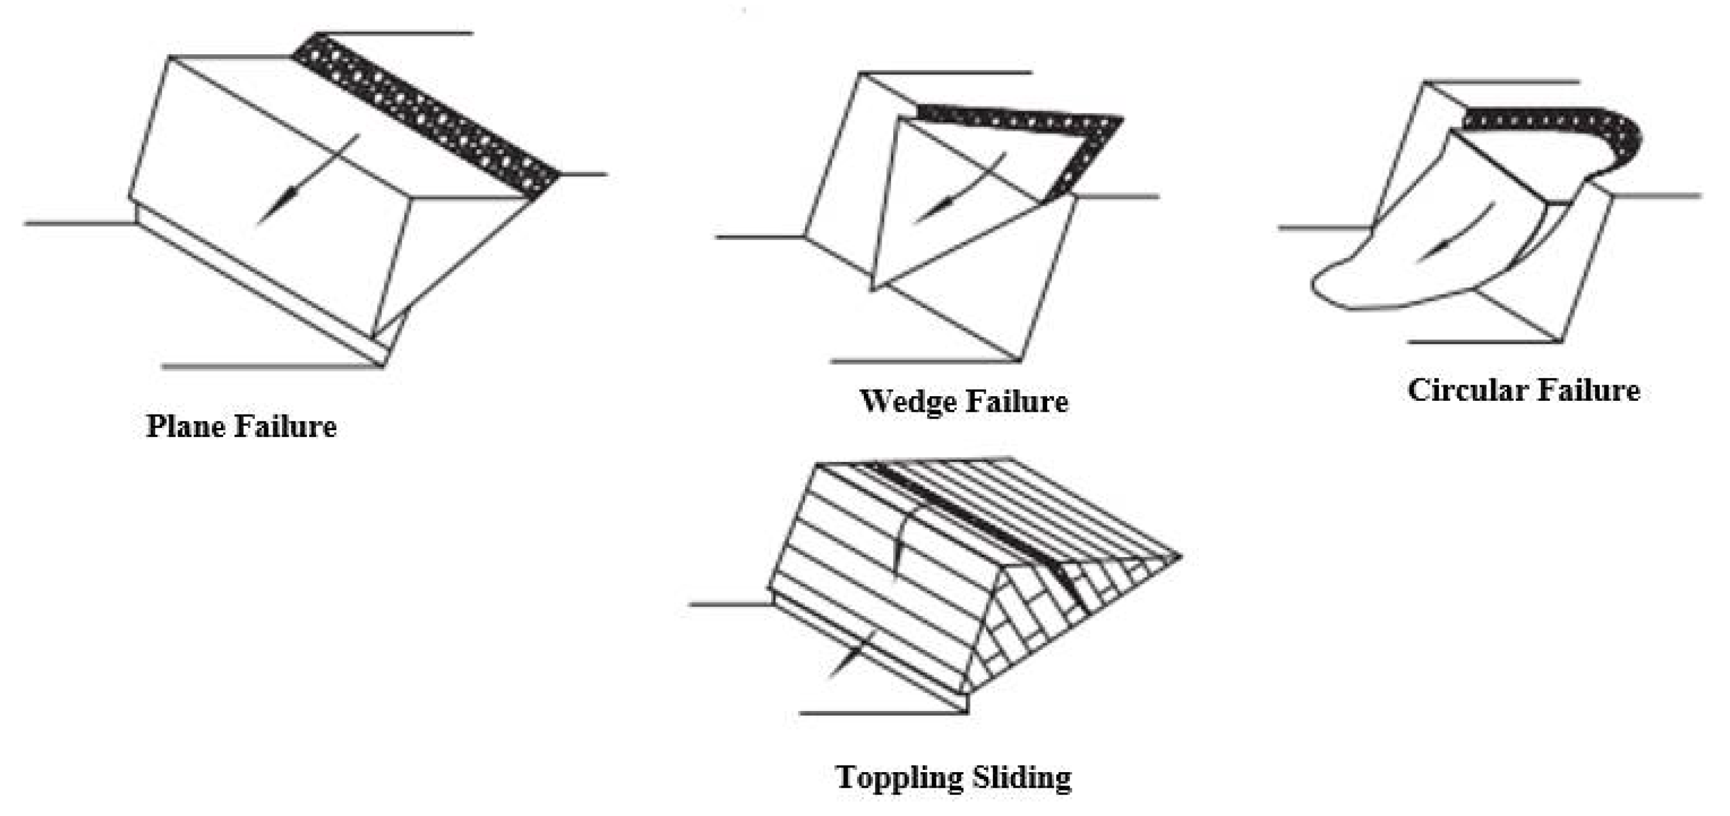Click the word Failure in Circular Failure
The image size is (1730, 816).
(1589, 391)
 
